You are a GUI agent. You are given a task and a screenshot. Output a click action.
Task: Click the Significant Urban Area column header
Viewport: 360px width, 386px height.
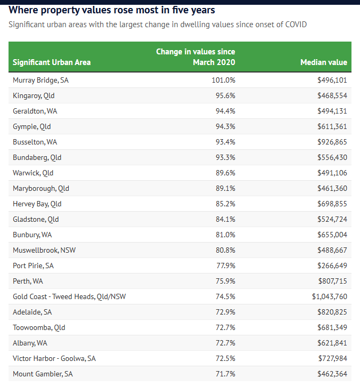click(x=52, y=62)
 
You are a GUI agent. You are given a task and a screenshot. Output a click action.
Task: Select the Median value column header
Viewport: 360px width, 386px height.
click(x=323, y=62)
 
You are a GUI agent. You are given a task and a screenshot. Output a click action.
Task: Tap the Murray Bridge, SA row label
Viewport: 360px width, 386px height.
click(x=40, y=80)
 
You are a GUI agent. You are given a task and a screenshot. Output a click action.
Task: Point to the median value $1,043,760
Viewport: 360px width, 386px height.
click(x=329, y=296)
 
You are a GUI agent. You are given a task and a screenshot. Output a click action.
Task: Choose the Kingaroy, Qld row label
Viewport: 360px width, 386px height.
click(x=34, y=95)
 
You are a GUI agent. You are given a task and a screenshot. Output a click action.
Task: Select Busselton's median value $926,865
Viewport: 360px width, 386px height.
click(x=332, y=142)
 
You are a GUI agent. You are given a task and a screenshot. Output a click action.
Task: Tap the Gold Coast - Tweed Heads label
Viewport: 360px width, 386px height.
click(x=69, y=296)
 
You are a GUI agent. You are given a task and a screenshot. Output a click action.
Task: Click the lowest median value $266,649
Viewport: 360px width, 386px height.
click(x=332, y=266)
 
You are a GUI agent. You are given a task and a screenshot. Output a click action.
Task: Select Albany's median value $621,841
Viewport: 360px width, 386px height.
click(x=332, y=343)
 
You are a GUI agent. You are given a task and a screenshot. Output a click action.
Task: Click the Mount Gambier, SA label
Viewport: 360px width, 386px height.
click(x=43, y=374)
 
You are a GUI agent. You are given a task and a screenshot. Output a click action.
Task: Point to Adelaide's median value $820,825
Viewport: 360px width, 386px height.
click(x=332, y=312)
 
